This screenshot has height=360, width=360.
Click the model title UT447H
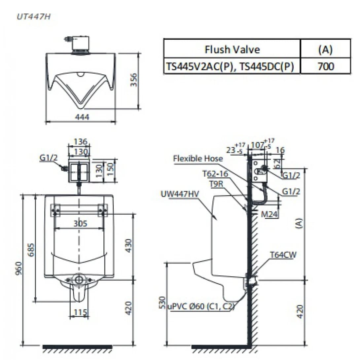[33, 17]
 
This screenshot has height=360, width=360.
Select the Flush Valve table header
[232, 50]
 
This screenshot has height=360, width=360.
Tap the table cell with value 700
[325, 66]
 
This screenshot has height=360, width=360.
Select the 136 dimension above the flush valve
[79, 142]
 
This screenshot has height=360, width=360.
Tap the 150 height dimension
[111, 169]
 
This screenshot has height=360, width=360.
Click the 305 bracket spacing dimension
[79, 223]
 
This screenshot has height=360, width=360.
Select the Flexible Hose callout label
[198, 159]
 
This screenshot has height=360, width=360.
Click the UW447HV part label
[180, 194]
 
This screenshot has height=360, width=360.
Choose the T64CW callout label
[283, 255]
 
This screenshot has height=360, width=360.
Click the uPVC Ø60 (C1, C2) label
[201, 307]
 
